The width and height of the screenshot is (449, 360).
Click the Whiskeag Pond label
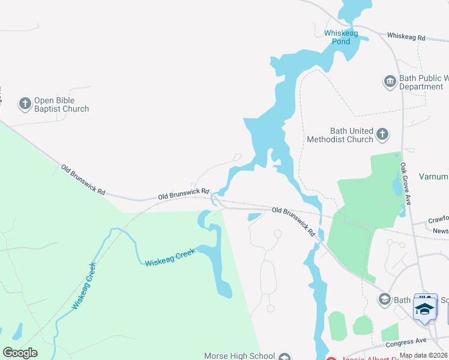pyautogui.click(x=341, y=37)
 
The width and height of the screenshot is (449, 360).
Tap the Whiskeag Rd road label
pyautogui.click(x=406, y=37)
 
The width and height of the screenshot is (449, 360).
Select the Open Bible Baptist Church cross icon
pyautogui.click(x=25, y=104)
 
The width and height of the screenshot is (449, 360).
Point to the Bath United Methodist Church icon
pyautogui.click(x=382, y=134)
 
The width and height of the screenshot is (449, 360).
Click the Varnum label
pyautogui.click(x=434, y=176)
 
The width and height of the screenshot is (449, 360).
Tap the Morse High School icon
pyautogui.click(x=285, y=356)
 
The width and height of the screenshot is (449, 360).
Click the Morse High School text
pyautogui.click(x=240, y=356)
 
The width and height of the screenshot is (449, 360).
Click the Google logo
pyautogui.click(x=20, y=353)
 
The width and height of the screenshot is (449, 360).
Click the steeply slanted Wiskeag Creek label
pyautogui.click(x=83, y=286)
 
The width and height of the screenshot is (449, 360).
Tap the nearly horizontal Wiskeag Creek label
pyautogui.click(x=170, y=259)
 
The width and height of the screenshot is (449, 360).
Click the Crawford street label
pyautogui.click(x=438, y=221)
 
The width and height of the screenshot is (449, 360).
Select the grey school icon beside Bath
pyautogui.click(x=385, y=299)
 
